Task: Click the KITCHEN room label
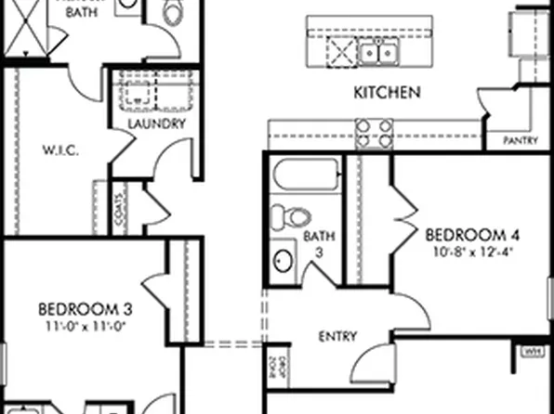click(x=388, y=92)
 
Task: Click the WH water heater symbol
click(x=533, y=352)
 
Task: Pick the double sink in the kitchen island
click(x=379, y=53)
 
